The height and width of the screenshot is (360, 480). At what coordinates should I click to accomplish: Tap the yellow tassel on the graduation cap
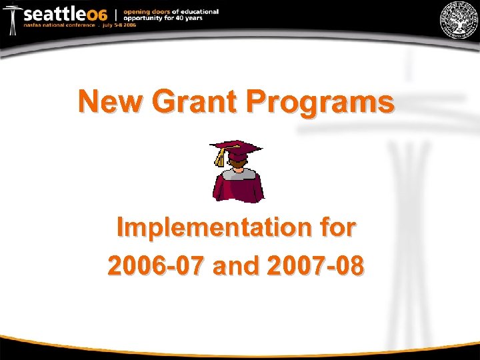coord(220,157)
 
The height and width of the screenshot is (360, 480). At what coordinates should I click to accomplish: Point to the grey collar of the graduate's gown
coord(238,173)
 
